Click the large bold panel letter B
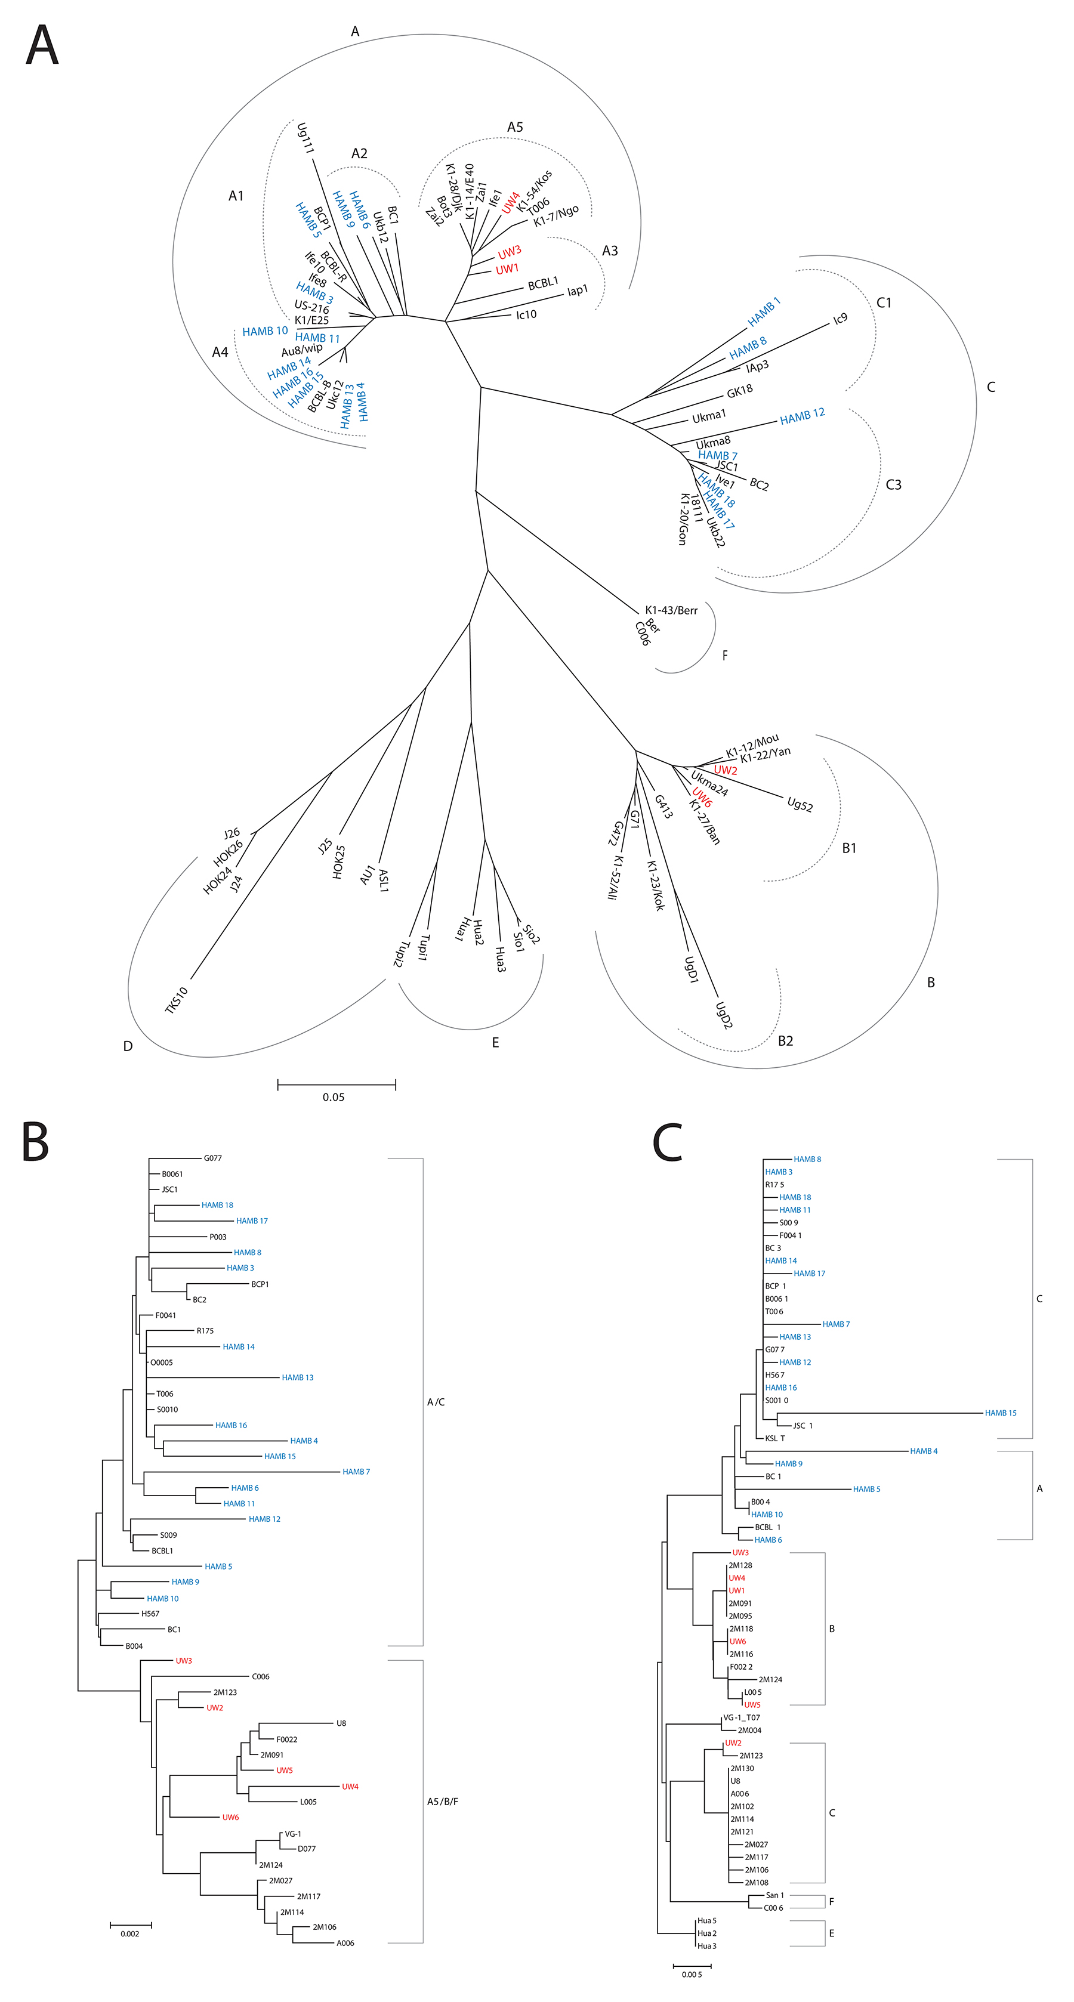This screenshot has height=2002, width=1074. point(36,1142)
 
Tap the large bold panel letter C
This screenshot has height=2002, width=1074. point(668,1142)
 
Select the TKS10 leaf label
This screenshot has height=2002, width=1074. point(177,1000)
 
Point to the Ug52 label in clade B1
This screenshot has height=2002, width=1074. point(800,804)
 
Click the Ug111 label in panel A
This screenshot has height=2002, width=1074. point(305,138)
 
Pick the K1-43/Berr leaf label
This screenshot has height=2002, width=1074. point(671,610)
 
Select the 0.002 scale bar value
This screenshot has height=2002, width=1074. point(130,1933)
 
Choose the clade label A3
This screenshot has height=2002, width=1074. point(610,251)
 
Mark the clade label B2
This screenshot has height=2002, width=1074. point(785,1040)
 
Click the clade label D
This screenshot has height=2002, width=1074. point(128,1046)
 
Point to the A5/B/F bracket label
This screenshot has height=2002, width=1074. point(442,1801)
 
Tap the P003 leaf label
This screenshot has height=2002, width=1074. point(218,1237)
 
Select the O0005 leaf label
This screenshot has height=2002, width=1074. point(162,1363)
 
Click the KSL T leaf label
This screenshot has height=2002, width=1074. point(775,1438)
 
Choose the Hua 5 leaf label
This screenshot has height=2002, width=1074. point(706,1920)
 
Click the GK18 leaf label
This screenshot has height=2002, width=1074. point(739,391)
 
